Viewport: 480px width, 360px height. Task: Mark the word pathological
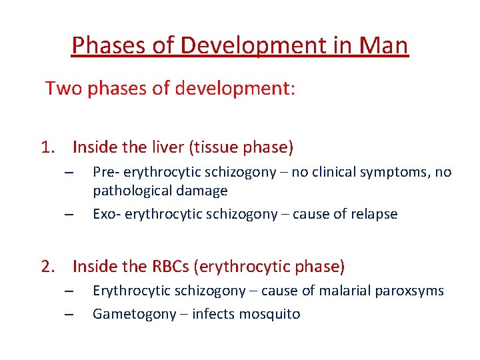(x=132, y=191)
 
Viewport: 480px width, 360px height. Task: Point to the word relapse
(x=374, y=214)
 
